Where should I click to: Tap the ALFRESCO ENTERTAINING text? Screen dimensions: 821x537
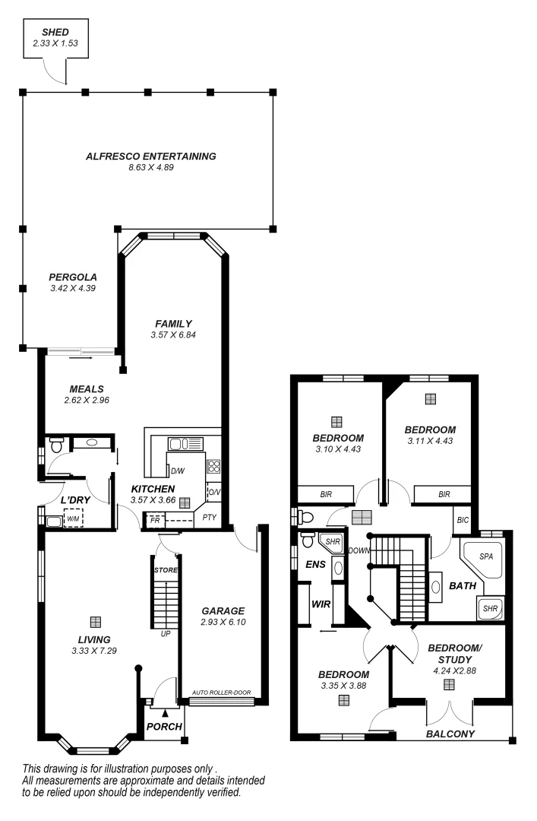[x=151, y=156]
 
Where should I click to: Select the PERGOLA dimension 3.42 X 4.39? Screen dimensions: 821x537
[x=73, y=288]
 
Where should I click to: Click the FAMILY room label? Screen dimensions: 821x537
[x=173, y=323]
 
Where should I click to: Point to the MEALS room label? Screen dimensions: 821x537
[x=87, y=388]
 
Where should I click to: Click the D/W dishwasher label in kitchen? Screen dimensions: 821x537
[x=178, y=471]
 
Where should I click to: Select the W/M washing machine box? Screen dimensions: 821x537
[x=74, y=519]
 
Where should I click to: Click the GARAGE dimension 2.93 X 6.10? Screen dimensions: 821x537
[x=223, y=622]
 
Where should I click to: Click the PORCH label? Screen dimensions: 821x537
[x=164, y=726]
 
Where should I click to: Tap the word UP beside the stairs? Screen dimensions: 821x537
[x=165, y=632]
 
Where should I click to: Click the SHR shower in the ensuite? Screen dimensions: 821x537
[x=331, y=541]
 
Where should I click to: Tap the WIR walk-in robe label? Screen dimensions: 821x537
[x=320, y=604]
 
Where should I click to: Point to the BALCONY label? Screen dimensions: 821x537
[x=450, y=734]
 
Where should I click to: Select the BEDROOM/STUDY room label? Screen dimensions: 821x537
[x=454, y=653]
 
